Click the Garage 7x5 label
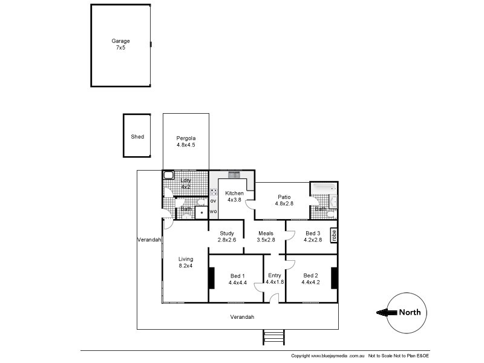(x=120, y=44)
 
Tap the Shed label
(x=137, y=137)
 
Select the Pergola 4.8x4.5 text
(x=186, y=142)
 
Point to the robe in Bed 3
(x=333, y=235)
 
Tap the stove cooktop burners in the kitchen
(x=213, y=192)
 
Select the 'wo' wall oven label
(x=213, y=211)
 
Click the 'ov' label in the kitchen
(x=213, y=200)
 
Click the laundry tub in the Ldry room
(x=169, y=176)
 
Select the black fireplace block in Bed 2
(x=334, y=278)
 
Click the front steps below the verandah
(x=273, y=337)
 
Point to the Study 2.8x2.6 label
(x=226, y=237)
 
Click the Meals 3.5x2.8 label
(x=266, y=237)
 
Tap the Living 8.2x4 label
(x=186, y=262)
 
